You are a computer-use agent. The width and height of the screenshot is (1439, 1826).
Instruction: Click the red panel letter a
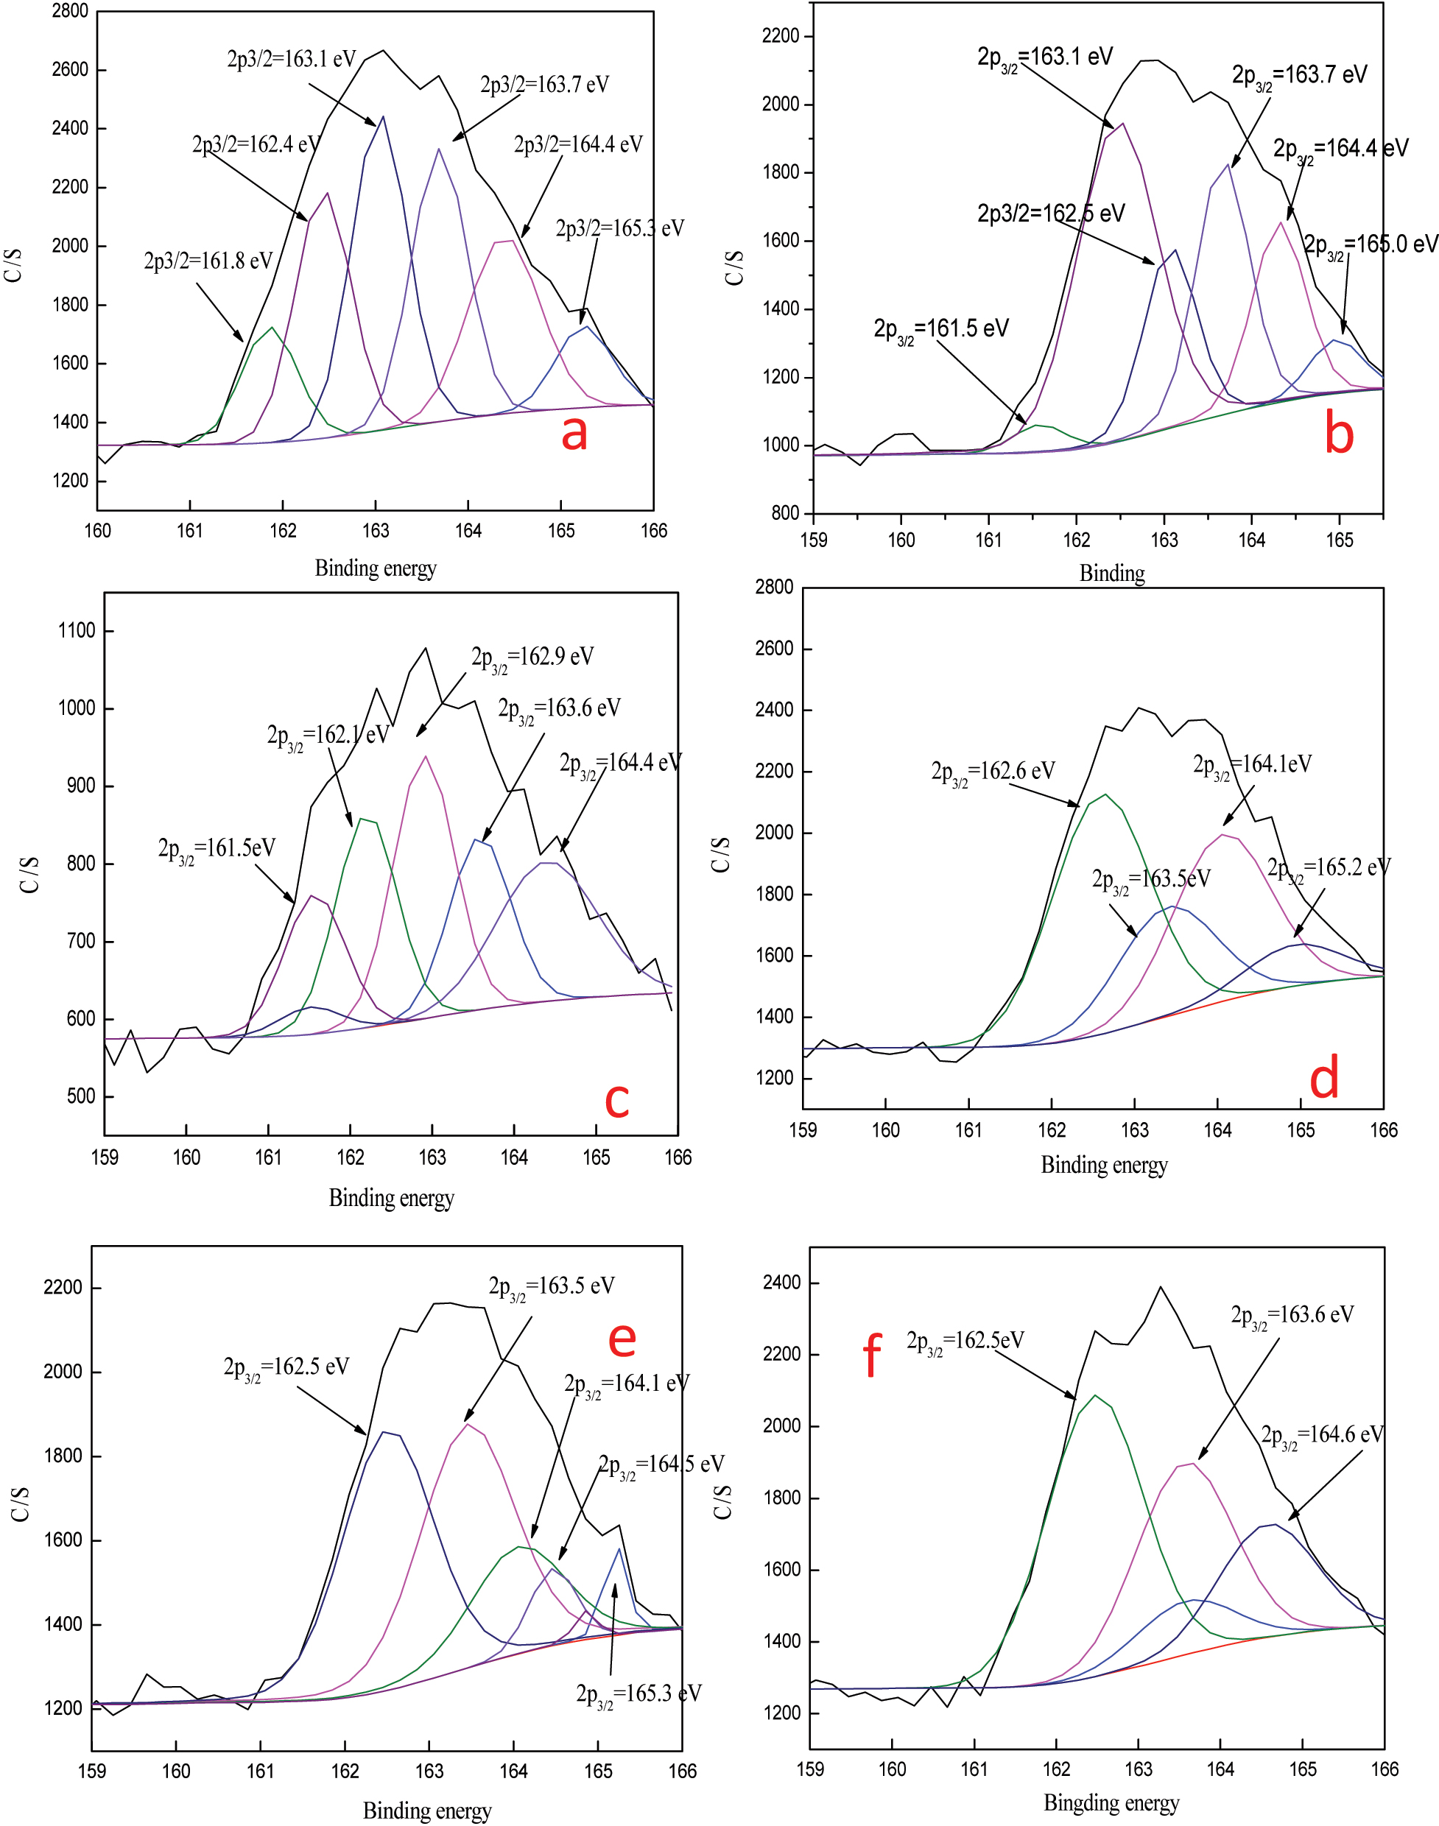574,433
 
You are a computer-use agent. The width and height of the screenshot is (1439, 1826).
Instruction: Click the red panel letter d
1323,1078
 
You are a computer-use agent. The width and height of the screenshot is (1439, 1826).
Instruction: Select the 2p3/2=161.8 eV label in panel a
208,261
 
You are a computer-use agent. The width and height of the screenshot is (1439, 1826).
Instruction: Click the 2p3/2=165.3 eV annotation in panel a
619,228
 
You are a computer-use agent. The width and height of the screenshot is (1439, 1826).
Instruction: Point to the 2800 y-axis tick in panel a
70,11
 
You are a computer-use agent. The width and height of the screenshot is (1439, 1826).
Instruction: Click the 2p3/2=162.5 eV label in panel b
1051,213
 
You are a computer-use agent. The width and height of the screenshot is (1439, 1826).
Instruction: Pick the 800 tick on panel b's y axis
785,513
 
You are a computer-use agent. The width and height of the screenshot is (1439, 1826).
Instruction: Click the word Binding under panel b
1111,574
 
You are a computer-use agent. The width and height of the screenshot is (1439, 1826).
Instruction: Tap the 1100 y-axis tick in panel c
76,631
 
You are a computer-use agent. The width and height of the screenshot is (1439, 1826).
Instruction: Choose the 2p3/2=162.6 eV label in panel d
993,772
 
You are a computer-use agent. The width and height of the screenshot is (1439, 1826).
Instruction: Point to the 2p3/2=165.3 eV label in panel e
638,1693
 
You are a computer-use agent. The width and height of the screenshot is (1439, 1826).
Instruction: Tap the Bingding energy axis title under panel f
1111,1802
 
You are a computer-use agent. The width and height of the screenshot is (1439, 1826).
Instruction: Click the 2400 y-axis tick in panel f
781,1283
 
